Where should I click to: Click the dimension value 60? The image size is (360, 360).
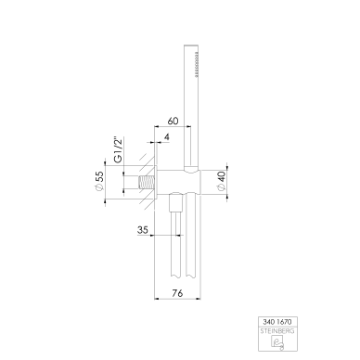click(x=173, y=121)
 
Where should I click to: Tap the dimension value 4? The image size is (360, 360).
click(x=167, y=137)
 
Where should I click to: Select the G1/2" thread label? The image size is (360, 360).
click(x=119, y=149)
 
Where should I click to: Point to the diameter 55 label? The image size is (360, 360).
click(x=99, y=182)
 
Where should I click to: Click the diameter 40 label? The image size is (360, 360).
click(x=222, y=181)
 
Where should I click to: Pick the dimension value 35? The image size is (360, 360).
click(x=143, y=230)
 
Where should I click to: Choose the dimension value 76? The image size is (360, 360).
click(x=177, y=293)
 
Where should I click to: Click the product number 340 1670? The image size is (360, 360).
click(x=277, y=322)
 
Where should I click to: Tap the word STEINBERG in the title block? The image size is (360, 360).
click(x=277, y=331)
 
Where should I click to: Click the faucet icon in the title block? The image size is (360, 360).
click(x=277, y=342)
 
